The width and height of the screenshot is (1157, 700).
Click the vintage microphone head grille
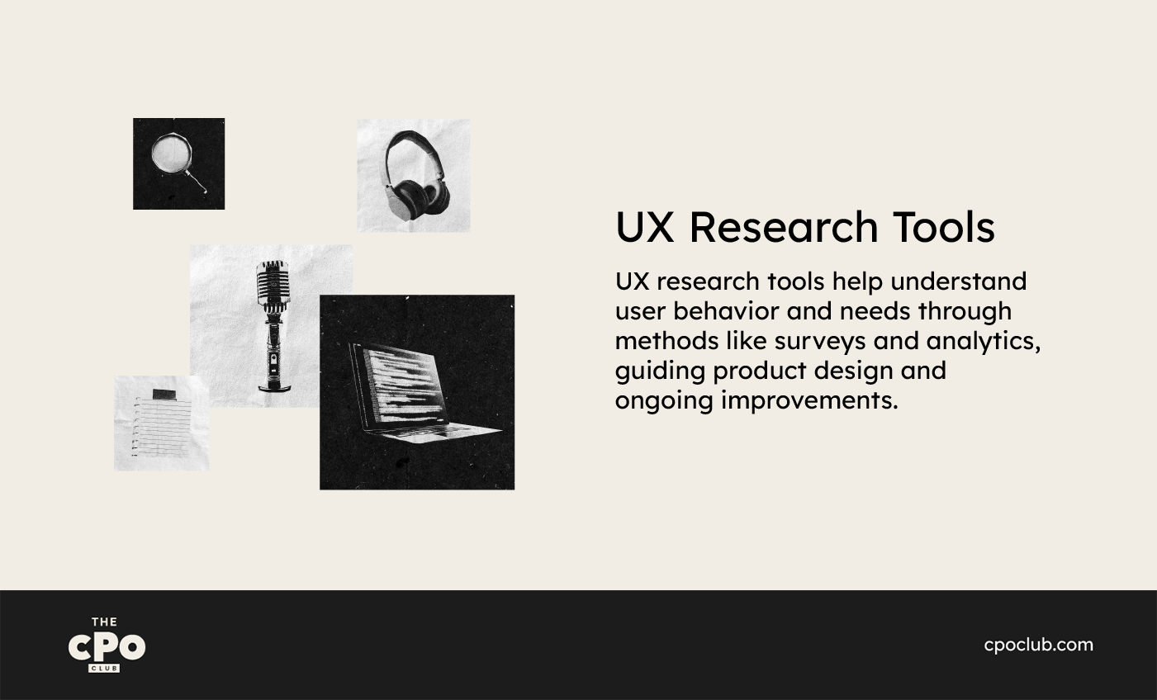click(x=273, y=283)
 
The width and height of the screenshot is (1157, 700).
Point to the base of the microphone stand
click(x=273, y=386)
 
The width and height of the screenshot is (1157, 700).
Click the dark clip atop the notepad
click(x=164, y=395)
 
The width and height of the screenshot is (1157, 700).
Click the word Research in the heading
click(x=784, y=227)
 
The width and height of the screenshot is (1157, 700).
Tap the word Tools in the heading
click(x=944, y=227)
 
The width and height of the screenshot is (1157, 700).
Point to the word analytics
click(x=983, y=341)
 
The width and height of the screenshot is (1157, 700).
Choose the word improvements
click(x=809, y=401)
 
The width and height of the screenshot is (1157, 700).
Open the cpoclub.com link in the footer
click(x=1038, y=646)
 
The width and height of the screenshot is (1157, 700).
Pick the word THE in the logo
click(x=104, y=622)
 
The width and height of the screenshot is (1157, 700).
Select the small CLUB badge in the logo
click(x=104, y=669)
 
